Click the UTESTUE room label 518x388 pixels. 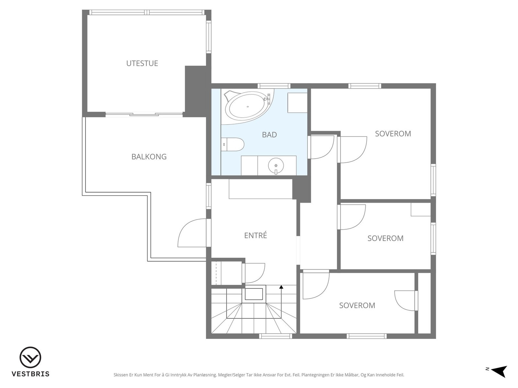(x=142, y=63)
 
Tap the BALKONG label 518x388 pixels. (x=149, y=157)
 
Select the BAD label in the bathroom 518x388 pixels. (x=269, y=135)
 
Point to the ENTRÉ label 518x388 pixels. (x=255, y=235)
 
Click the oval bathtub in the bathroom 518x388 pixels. (x=248, y=106)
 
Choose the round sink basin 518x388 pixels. (x=276, y=165)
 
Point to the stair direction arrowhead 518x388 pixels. (x=281, y=287)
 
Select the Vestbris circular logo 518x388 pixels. (x=30, y=357)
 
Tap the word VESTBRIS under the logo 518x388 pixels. (x=30, y=374)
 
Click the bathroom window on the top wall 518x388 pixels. (x=274, y=86)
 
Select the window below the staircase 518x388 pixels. (x=276, y=336)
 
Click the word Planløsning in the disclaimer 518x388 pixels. (x=205, y=375)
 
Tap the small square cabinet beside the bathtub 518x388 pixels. (x=297, y=103)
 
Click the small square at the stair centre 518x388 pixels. (x=254, y=294)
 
